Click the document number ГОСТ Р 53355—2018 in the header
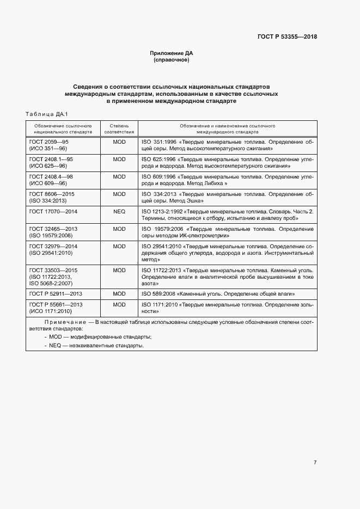(288, 37)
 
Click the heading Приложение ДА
(172, 53)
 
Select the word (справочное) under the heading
(172, 60)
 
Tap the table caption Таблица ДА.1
(46, 114)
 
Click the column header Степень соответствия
(119, 128)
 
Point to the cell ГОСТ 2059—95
(49, 142)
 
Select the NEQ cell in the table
(119, 211)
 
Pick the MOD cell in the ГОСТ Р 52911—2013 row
(119, 294)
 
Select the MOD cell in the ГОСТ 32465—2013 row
(119, 229)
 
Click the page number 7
(315, 432)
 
